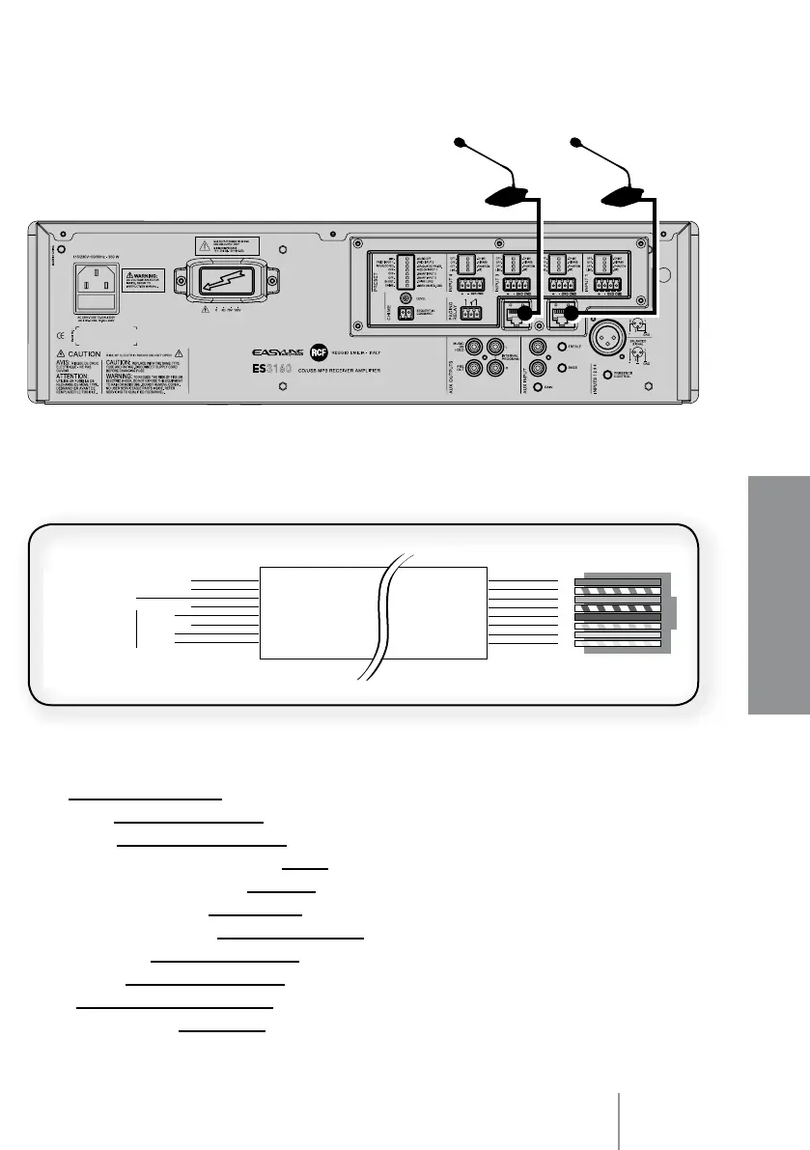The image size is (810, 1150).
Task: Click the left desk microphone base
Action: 504,198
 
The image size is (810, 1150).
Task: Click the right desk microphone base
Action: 622,198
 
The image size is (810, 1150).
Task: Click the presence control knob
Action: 606,374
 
